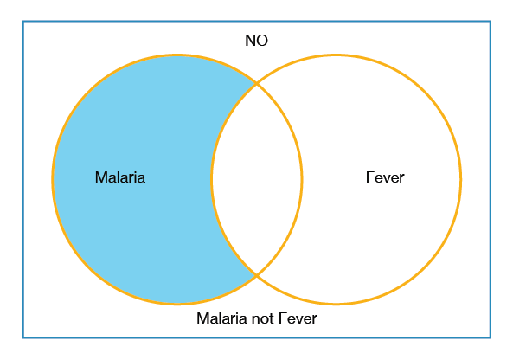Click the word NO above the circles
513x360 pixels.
point(256,41)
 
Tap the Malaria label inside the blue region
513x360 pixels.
point(120,177)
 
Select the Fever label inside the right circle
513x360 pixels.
point(385,177)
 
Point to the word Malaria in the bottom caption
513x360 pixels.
point(221,318)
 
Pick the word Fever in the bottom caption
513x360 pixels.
point(298,318)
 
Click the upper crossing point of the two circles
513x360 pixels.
point(256,84)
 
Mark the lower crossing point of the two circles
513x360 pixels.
point(256,275)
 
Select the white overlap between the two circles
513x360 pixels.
point(256,179)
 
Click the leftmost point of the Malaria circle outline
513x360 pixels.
point(53,179)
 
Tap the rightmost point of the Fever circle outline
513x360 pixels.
point(460,179)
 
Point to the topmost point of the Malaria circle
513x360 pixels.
point(177,55)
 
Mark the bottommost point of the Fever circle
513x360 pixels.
point(336,304)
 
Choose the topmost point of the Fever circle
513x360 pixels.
point(336,55)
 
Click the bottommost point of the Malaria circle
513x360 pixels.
point(177,304)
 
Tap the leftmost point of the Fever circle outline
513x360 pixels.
point(212,179)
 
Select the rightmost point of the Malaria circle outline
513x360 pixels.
point(301,179)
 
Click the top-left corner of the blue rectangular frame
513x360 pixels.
point(23,22)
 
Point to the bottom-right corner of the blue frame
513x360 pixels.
point(491,337)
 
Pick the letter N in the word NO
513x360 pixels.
point(250,41)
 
